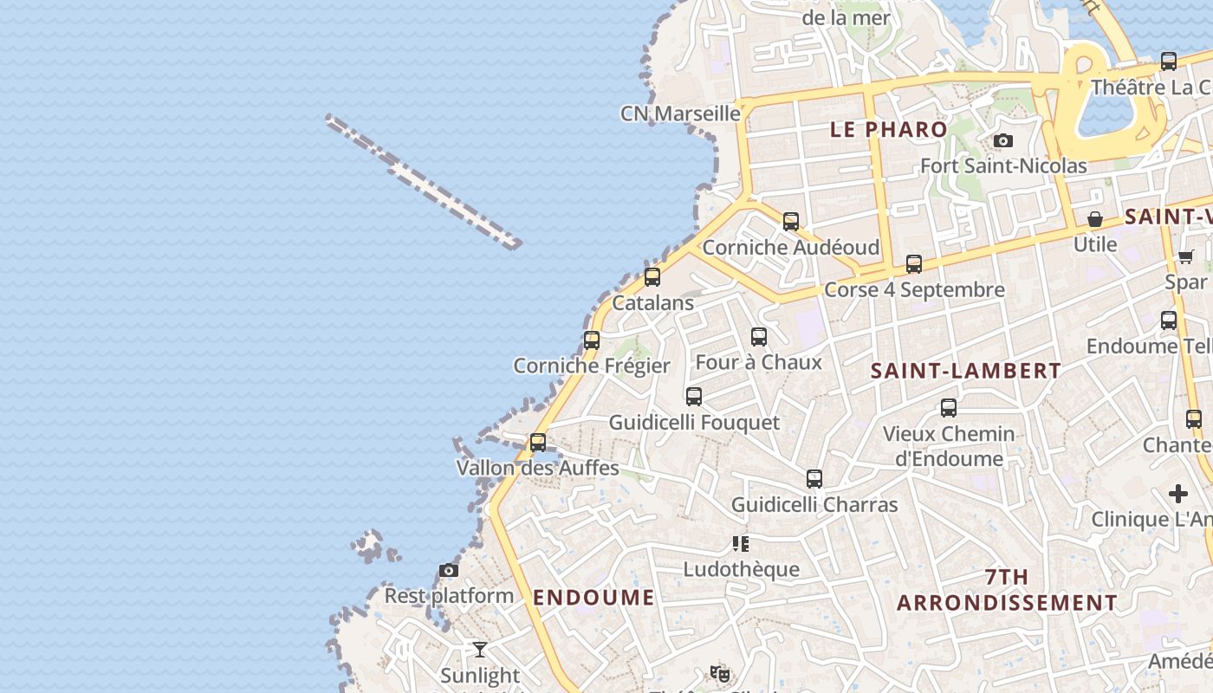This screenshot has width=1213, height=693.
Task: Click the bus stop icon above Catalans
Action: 652,277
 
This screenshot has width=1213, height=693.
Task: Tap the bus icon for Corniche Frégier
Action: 592,340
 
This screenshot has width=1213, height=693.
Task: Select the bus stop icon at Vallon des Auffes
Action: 538,443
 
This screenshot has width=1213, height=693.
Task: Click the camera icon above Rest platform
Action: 449,570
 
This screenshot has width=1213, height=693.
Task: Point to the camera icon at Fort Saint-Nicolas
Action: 1003,140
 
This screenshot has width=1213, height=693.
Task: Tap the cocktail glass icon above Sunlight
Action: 480,650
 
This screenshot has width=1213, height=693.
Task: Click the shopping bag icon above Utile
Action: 1095,218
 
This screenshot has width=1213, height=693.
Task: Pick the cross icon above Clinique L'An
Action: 1178,494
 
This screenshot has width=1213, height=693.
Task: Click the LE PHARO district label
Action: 889,130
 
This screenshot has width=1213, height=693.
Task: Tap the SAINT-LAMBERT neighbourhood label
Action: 966,371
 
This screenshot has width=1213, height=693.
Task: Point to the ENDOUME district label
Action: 594,597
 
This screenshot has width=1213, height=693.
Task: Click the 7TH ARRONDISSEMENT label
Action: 1007,590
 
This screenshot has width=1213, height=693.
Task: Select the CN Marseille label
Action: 681,113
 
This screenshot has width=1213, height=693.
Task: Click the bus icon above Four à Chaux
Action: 759,337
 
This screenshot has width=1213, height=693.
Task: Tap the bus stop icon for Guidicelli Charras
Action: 814,479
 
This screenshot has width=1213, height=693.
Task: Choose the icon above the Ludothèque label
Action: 741,544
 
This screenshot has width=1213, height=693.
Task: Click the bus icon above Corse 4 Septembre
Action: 914,264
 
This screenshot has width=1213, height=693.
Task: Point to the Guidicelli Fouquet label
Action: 694,423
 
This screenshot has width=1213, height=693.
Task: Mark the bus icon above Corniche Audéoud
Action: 791,222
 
